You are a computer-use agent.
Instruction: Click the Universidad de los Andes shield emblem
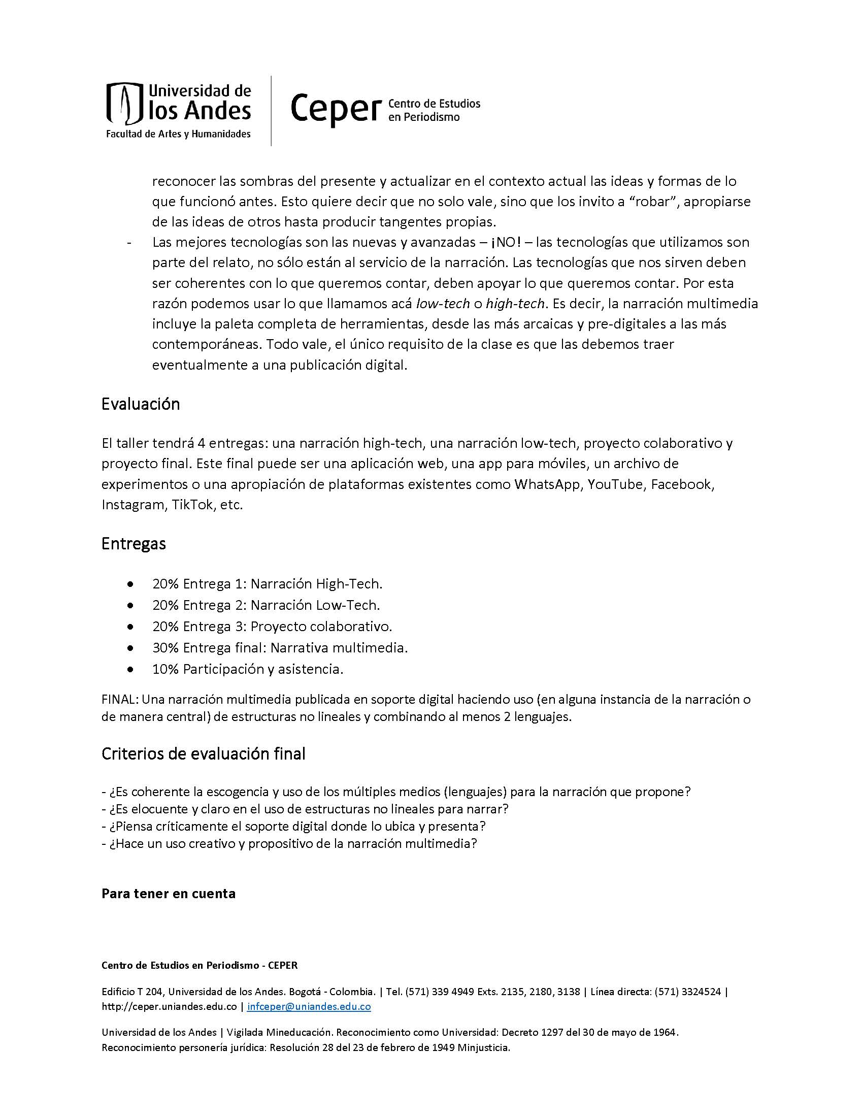click(x=123, y=104)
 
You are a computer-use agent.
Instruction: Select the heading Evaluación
click(x=141, y=405)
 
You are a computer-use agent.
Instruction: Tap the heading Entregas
click(x=134, y=543)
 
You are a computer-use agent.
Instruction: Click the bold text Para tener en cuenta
click(x=168, y=894)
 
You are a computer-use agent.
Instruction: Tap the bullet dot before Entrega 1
click(x=132, y=584)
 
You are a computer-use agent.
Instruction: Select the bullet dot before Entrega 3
click(x=132, y=627)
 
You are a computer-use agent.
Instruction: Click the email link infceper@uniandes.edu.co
click(x=309, y=1006)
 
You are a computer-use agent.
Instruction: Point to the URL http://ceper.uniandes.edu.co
click(x=169, y=1006)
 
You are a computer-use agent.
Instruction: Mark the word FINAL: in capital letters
click(x=120, y=700)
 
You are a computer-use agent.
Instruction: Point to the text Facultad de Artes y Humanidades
click(x=178, y=134)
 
